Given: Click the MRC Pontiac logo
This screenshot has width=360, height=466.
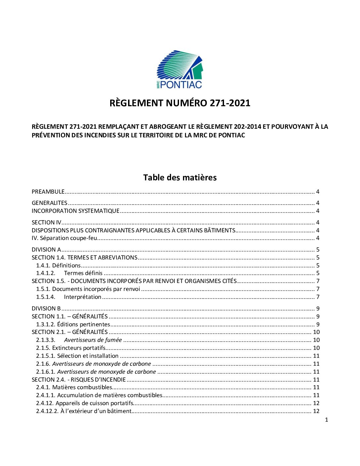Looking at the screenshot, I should point(179,70).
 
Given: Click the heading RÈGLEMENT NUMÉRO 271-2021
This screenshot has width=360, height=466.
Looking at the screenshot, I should point(180,103).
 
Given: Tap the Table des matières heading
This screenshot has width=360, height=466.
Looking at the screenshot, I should point(180,178).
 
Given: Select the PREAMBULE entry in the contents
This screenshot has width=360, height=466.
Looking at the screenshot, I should point(48,192).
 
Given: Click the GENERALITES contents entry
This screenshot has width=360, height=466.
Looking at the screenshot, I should point(49,203).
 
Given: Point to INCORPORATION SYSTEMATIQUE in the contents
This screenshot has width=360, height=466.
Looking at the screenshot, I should point(75,211).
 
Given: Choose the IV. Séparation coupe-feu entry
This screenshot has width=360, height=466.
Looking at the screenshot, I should point(64,238).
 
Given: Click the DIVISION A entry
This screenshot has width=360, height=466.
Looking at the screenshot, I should point(46,250).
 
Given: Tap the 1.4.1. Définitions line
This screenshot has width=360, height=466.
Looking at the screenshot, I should point(59,265).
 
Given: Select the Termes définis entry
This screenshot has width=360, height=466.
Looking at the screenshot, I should point(83,273).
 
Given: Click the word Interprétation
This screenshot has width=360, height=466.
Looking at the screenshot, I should point(83,297).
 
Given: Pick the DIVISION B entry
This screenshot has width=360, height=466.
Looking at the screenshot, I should point(46,308).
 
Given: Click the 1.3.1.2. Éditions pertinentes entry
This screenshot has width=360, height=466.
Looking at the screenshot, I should point(73,324).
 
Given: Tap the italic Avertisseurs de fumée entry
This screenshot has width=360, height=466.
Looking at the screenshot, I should point(93,340).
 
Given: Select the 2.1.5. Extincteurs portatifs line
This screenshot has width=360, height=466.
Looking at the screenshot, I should point(71,348).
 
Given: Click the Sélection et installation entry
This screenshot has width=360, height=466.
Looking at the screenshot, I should point(88,356).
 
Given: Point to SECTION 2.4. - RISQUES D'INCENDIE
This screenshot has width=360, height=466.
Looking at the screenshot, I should point(79,380).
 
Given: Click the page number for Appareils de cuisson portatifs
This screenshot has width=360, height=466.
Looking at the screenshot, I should point(316,403).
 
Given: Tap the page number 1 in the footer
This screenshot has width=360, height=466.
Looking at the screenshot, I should point(327,420).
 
